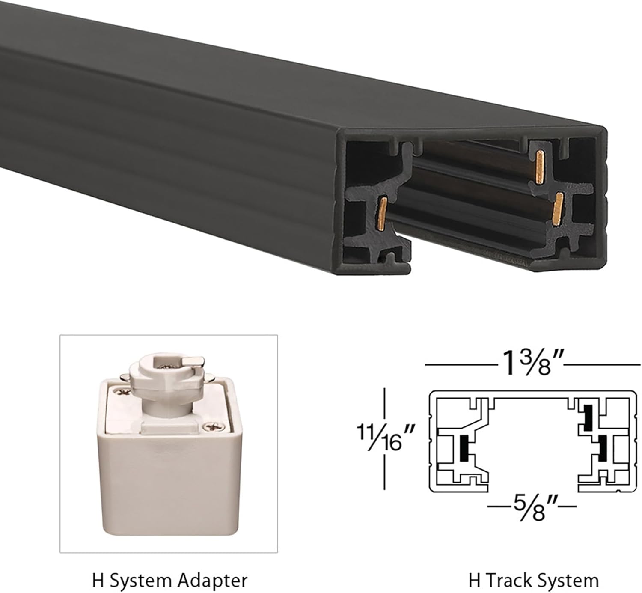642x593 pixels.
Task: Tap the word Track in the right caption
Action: pos(508,581)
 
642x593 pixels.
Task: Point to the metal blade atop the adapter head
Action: pos(191,364)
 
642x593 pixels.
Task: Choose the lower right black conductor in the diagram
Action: pos(603,447)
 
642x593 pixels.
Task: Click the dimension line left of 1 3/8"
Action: pos(460,365)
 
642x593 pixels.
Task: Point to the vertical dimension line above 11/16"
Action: pos(385,402)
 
